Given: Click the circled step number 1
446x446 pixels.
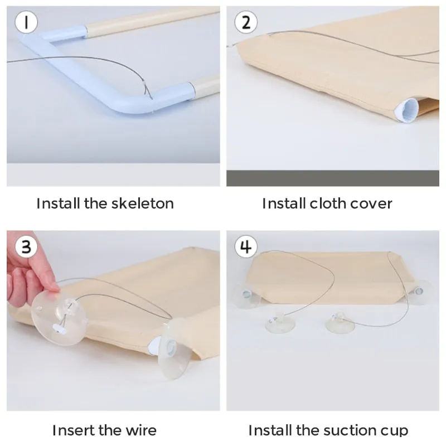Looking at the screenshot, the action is pos(26,22).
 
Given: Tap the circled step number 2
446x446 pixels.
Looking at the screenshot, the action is pos(246,22).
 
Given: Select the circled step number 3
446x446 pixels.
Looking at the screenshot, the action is pos(26,246).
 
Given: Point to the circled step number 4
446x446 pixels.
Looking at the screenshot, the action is pos(246,246).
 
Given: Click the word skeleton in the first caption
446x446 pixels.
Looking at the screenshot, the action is pos(143,203).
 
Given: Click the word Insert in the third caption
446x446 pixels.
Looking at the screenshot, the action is pos(72,430).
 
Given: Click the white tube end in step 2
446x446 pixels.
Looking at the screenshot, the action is pos(406,110).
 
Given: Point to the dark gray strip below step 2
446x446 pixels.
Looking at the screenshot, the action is pos(333,178).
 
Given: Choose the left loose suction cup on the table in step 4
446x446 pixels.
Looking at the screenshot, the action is pos(280,323).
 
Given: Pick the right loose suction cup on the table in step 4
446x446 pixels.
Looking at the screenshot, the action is pos(340,323).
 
